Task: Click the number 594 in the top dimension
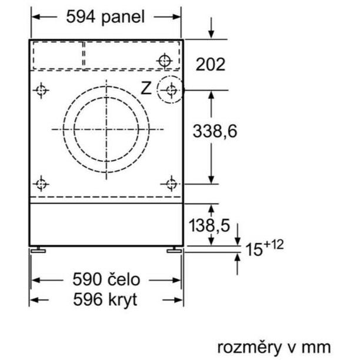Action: tap(81, 16)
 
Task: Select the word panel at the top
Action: tap(123, 18)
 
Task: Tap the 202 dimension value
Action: tap(211, 65)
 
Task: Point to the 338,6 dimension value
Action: tap(215, 131)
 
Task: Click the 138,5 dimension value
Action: tap(209, 225)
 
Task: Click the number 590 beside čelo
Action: tap(87, 279)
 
